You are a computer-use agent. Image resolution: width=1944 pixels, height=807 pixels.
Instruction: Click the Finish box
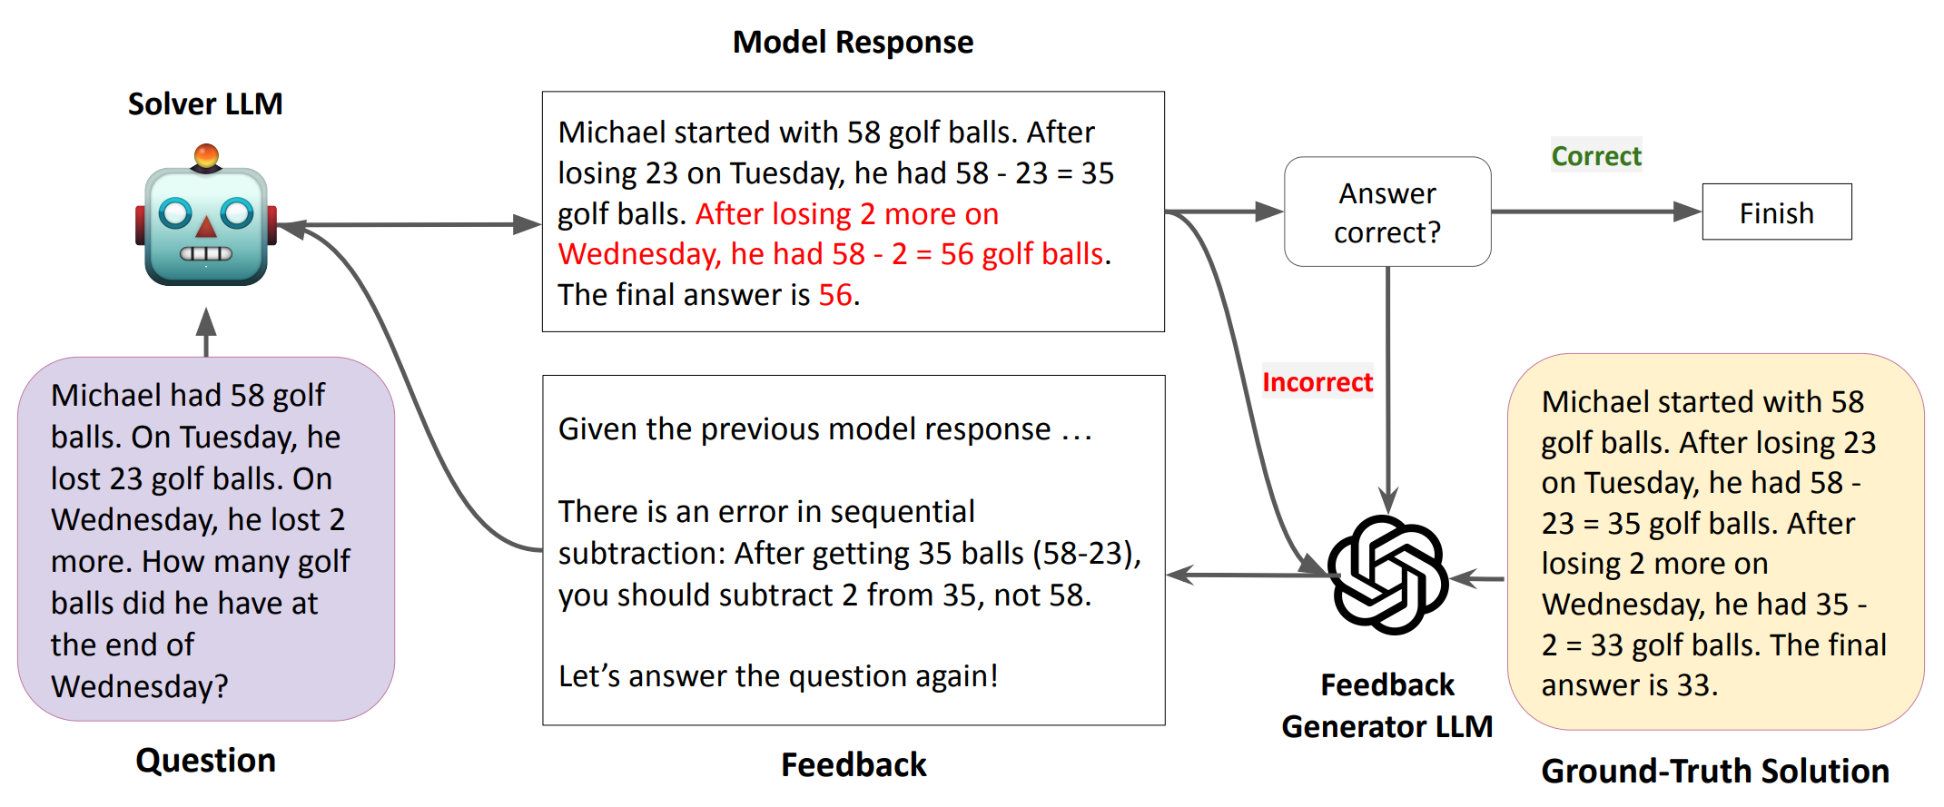pos(1776,212)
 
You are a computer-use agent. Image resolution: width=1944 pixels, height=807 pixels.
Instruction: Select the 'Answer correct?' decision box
pos(1386,212)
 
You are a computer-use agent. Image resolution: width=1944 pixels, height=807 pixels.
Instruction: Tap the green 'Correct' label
pos(1595,156)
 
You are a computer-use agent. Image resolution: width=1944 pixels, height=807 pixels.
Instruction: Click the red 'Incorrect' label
pos(1317,382)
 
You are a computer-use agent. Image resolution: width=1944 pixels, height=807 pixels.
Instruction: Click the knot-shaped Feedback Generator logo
pos(1387,575)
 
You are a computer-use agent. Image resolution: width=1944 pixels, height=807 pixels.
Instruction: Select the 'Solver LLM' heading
pos(205,104)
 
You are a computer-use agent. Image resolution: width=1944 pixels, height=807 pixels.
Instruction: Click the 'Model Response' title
pos(853,43)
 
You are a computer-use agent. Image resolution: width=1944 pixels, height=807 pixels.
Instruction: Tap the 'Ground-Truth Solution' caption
pos(1714,771)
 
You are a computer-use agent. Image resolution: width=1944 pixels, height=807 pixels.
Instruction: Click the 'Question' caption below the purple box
pos(205,760)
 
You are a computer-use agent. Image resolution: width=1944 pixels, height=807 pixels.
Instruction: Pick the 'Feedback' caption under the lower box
pos(854,764)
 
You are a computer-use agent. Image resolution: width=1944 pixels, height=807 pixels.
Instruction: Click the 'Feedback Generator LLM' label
pos(1386,705)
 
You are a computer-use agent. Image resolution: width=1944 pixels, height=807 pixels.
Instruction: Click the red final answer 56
pos(835,295)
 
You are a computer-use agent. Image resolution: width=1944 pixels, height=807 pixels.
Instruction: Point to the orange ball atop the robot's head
pos(206,155)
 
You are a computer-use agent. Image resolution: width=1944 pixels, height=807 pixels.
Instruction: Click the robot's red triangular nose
pos(206,228)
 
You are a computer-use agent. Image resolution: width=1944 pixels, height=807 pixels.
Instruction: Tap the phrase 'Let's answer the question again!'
pos(778,676)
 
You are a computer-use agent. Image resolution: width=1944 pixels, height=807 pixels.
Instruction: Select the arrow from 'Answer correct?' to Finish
pos(1595,212)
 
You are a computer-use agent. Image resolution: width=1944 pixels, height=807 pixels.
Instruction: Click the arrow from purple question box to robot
pos(206,331)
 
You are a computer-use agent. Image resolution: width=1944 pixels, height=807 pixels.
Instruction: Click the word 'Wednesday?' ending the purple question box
pos(139,686)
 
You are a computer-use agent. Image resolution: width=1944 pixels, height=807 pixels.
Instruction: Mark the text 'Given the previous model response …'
pos(824,428)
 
